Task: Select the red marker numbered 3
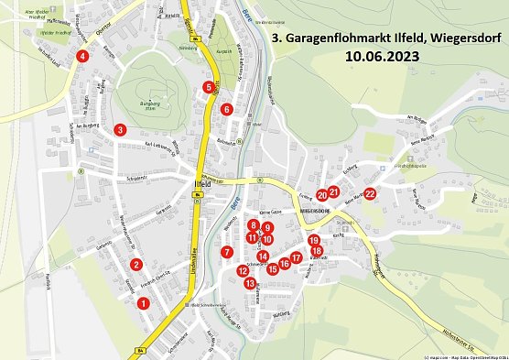coord(120,129)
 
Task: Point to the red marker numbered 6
coord(210,87)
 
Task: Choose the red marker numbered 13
coord(226,109)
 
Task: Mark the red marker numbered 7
coord(226,252)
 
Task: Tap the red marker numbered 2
coord(136,265)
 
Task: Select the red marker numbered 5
coord(210,87)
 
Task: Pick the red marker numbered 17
coord(296,257)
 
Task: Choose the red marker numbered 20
coord(322,194)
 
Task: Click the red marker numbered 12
coord(243,270)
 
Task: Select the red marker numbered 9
coord(267,227)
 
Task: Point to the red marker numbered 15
coord(272,268)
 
